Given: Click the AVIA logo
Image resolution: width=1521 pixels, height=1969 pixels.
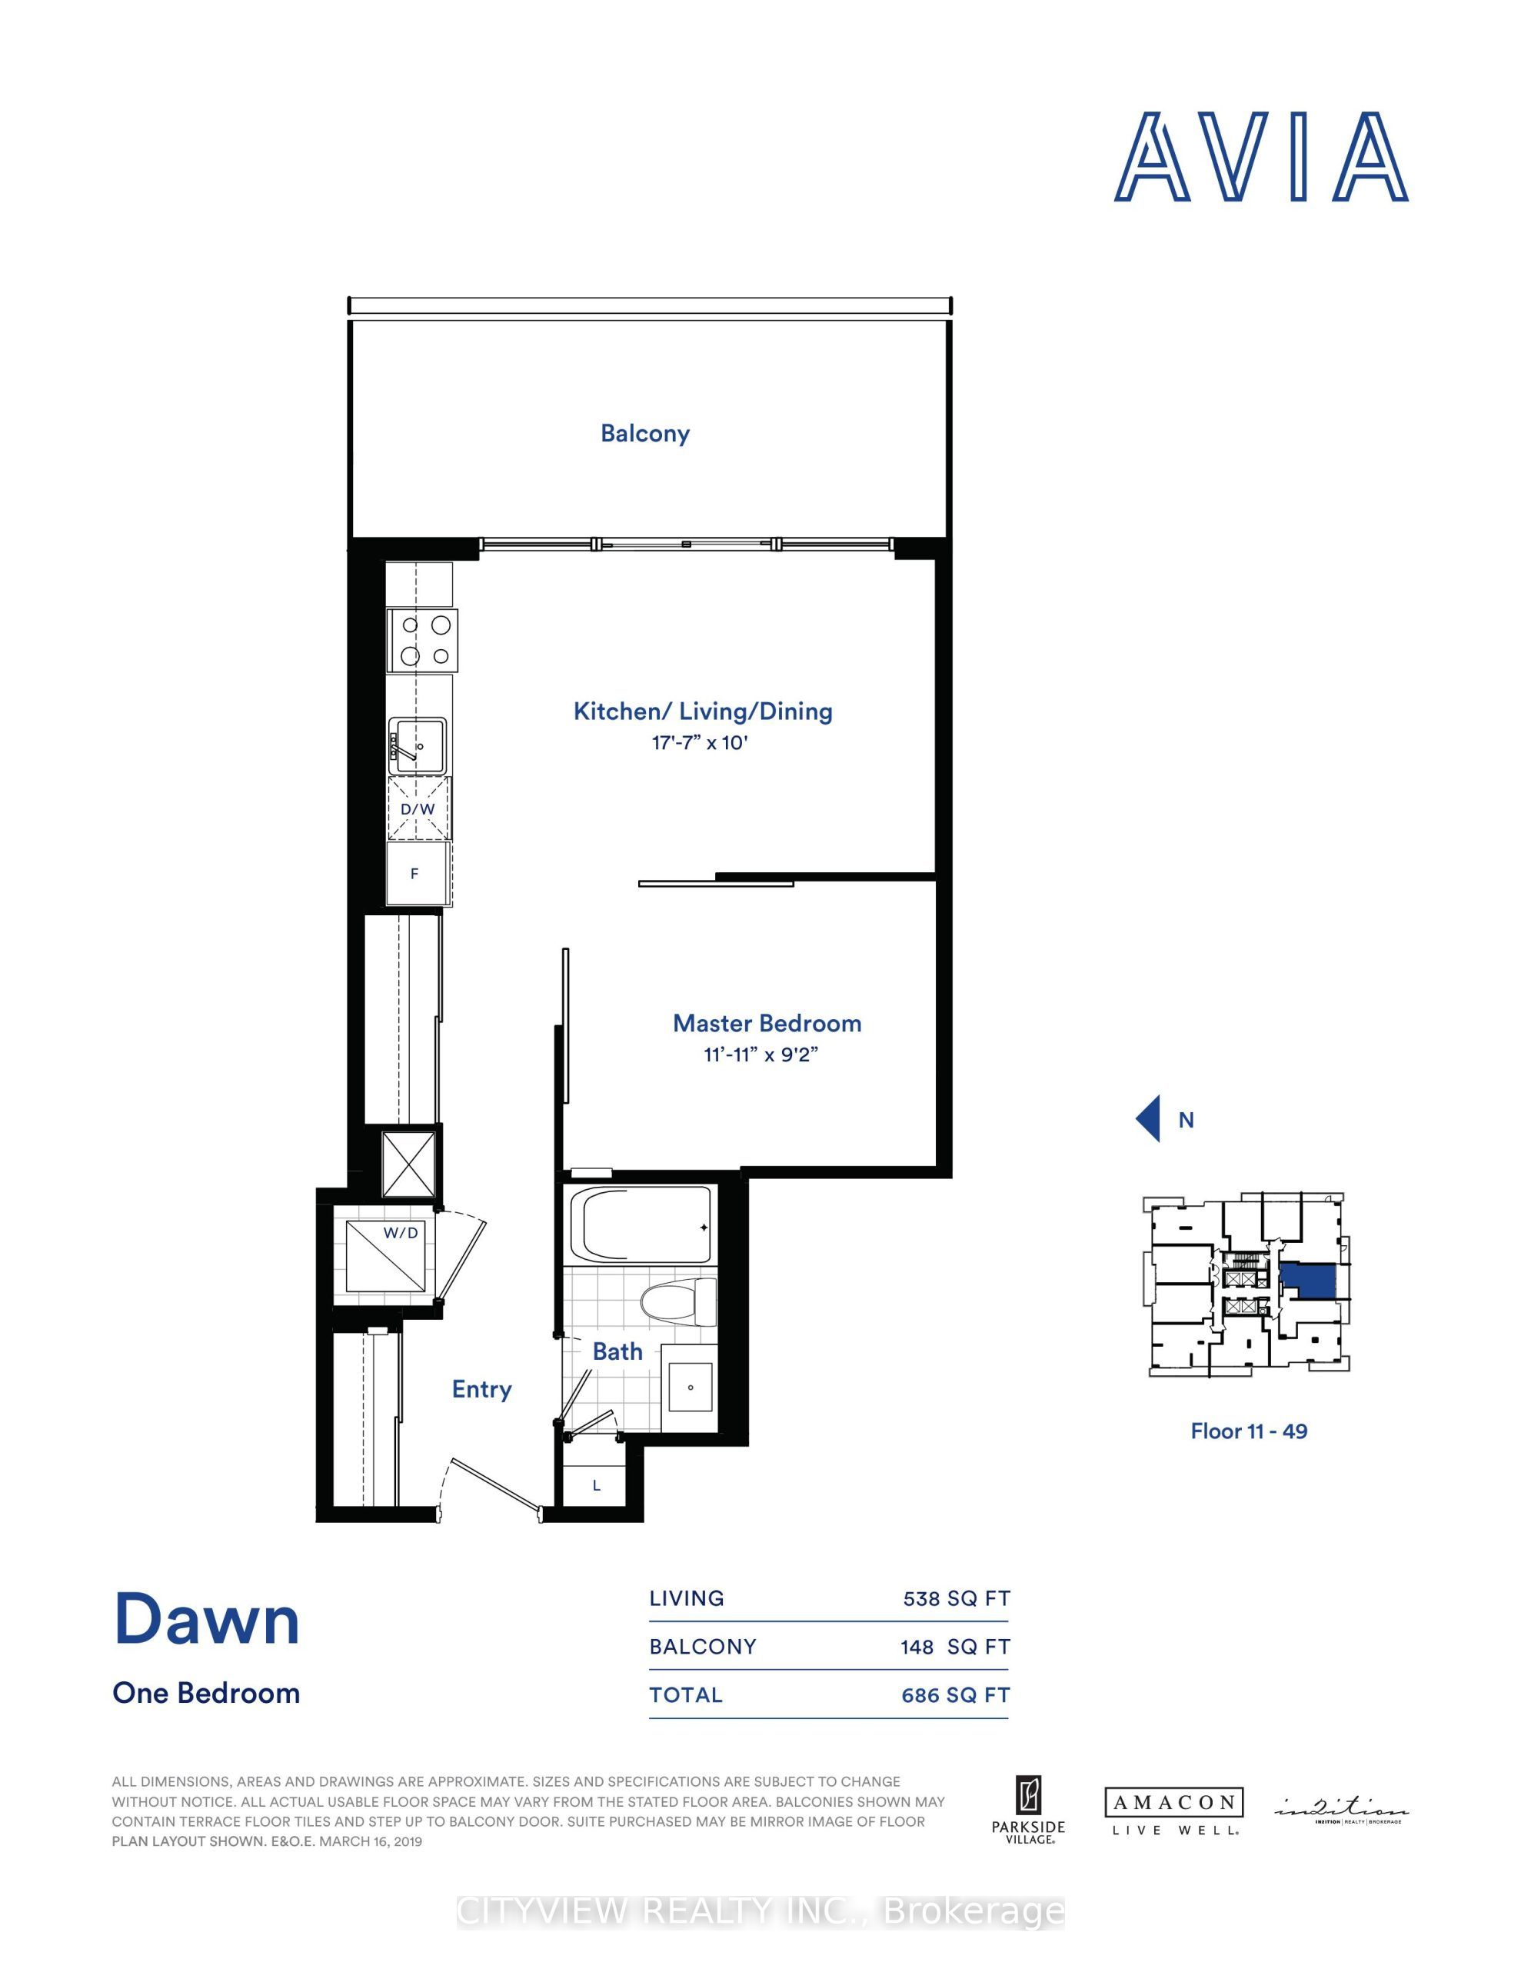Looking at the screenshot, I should pyautogui.click(x=1260, y=157).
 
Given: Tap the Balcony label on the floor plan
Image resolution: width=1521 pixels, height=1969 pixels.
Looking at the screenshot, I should pyautogui.click(x=644, y=434).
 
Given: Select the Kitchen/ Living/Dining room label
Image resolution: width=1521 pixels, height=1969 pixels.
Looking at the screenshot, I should pyautogui.click(x=702, y=711).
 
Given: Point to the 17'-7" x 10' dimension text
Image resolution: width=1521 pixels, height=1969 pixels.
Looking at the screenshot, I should pyautogui.click(x=701, y=743).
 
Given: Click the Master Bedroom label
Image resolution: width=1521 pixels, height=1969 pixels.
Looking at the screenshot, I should pyautogui.click(x=767, y=1023).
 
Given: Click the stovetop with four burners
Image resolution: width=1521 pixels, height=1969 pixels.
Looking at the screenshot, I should pyautogui.click(x=422, y=640).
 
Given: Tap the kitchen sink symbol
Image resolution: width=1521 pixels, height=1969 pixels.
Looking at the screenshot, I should pyautogui.click(x=418, y=745).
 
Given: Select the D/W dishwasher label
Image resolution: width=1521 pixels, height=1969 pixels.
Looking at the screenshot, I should pyautogui.click(x=418, y=808).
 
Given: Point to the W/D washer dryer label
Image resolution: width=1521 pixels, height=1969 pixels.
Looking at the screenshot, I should pyautogui.click(x=401, y=1232).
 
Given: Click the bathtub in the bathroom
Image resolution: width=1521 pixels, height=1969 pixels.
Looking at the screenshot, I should pyautogui.click(x=647, y=1227).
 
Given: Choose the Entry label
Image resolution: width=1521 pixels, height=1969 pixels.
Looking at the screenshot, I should pyautogui.click(x=481, y=1389).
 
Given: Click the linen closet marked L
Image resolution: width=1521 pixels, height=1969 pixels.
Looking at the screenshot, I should pyautogui.click(x=596, y=1486).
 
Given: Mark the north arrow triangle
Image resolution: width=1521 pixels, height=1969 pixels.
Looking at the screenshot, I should pyautogui.click(x=1149, y=1120).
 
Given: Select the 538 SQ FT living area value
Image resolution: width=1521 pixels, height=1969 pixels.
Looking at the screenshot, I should pyautogui.click(x=956, y=1598).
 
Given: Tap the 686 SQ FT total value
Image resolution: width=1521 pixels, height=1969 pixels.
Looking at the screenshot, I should pyautogui.click(x=955, y=1695).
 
